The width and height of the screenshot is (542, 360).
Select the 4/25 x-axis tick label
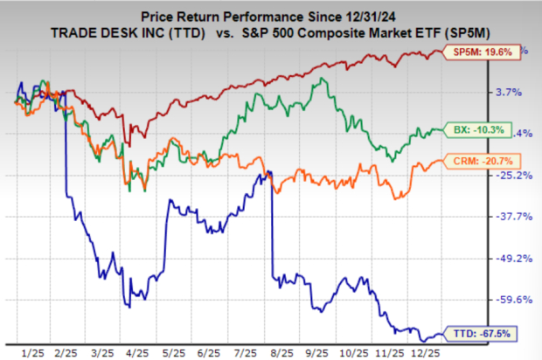click(135, 350)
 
